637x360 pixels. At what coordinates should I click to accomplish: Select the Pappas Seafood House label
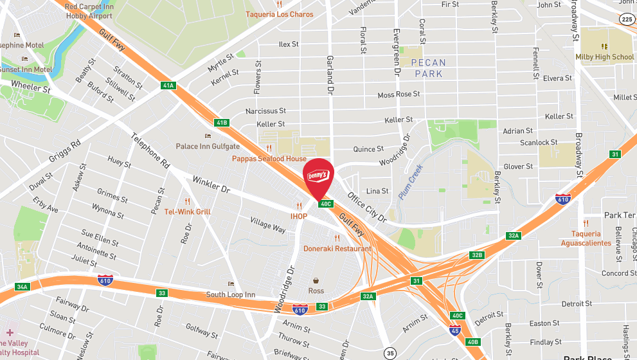[269, 159]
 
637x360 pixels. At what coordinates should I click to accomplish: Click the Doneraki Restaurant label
[337, 248]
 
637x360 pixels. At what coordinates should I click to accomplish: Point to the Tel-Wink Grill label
[187, 212]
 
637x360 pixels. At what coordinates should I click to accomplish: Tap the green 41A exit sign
[168, 85]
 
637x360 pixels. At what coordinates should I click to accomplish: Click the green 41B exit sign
[222, 122]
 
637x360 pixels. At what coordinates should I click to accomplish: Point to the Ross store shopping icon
[316, 281]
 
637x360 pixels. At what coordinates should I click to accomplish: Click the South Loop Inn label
[231, 295]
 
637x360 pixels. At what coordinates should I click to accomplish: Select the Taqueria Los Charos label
[280, 14]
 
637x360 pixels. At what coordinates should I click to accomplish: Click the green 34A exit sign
[22, 287]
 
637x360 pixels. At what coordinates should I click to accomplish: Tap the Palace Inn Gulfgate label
[208, 147]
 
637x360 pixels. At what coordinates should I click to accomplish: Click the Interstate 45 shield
[454, 330]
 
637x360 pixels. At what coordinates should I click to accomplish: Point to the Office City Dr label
[367, 207]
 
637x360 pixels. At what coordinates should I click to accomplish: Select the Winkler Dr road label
[211, 184]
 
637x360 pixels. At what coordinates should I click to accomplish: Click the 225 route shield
[627, 19]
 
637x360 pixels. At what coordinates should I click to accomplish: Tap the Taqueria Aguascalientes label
[586, 239]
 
